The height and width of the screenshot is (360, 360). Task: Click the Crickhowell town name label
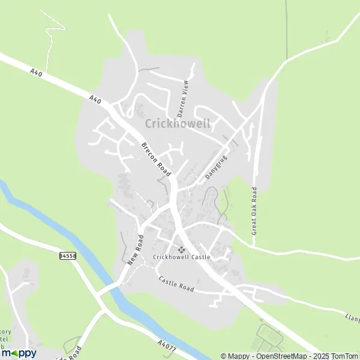click(x=178, y=124)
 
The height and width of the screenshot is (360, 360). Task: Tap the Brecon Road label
click(x=157, y=158)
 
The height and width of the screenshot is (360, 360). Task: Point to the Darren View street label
click(x=182, y=98)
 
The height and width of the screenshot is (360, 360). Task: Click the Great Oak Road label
click(x=254, y=210)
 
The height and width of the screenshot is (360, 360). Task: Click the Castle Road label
click(x=176, y=284)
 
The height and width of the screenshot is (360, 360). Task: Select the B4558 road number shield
click(x=68, y=256)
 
